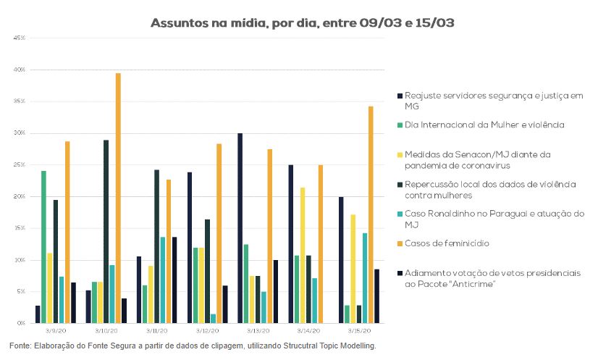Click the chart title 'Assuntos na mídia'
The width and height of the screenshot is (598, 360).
tap(303, 23)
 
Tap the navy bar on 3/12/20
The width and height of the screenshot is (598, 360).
tap(190, 247)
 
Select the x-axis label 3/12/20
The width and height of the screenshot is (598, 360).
tap(208, 330)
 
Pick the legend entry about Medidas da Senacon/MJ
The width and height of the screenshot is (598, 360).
tap(478, 159)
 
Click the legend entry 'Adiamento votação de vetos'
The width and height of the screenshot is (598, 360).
tap(492, 278)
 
